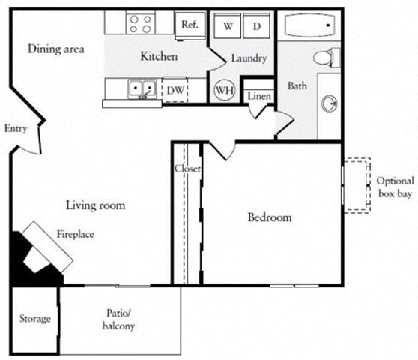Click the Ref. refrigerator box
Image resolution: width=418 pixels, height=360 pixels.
[190, 24]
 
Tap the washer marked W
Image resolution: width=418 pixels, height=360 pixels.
[228, 26]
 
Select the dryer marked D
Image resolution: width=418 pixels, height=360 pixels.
[256, 26]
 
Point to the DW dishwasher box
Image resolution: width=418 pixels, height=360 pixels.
[175, 90]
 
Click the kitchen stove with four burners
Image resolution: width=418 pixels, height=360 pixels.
[140, 24]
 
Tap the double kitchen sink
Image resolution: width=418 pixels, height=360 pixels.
[140, 89]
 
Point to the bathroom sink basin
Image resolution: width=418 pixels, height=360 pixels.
[329, 102]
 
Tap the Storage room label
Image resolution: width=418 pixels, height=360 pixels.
[34, 319]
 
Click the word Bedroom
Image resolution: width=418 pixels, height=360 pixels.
[269, 217]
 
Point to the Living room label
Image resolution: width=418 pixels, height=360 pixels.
[95, 205]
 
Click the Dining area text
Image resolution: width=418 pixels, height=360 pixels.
[55, 49]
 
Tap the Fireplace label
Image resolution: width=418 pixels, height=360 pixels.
[75, 234]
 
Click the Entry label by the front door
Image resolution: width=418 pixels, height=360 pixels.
[16, 128]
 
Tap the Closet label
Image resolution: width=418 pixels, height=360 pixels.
[187, 169]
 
